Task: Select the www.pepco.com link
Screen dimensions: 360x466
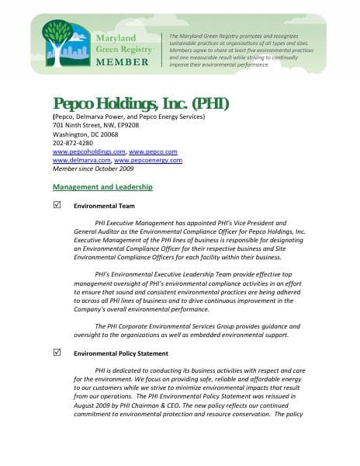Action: point(153,151)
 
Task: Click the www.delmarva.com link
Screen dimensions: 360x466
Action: point(81,160)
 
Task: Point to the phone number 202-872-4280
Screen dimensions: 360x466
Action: point(72,143)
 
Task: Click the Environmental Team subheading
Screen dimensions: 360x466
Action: point(104,207)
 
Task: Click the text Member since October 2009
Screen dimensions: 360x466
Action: point(93,169)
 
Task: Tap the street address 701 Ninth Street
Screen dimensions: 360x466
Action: point(83,125)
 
